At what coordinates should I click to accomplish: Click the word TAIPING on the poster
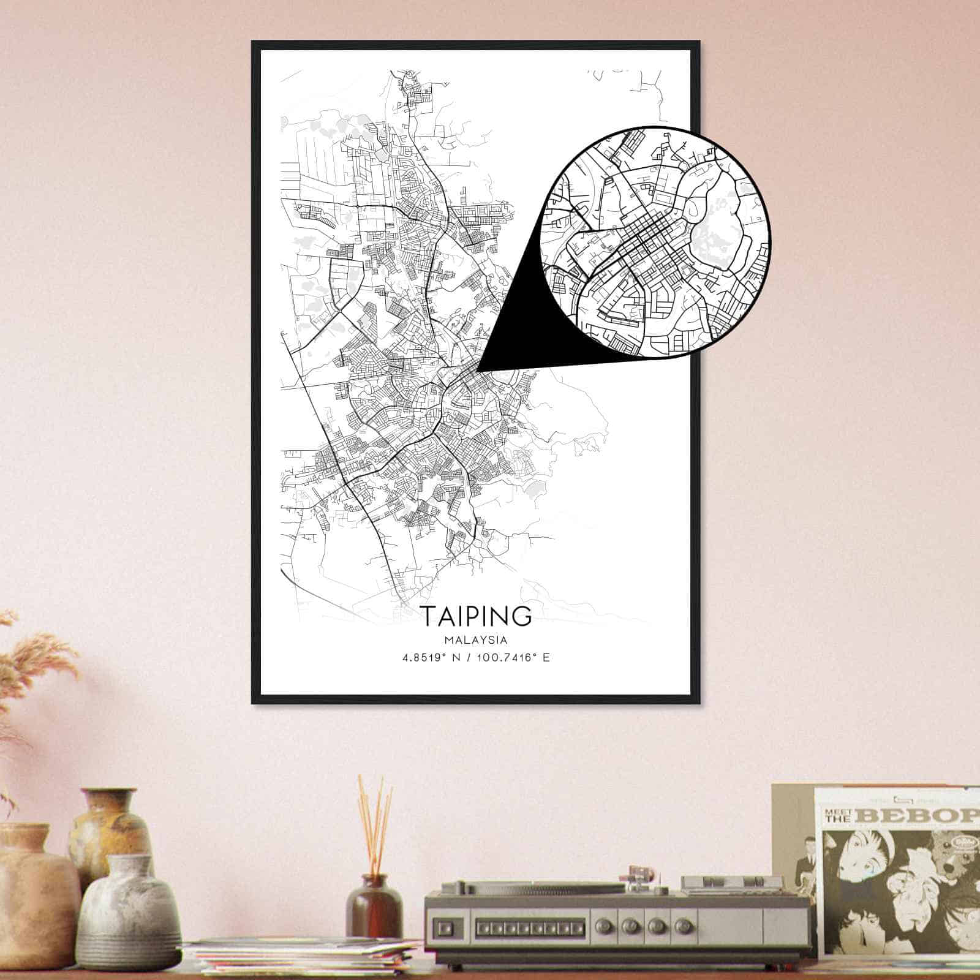point(475,616)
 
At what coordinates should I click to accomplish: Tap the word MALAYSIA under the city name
point(475,640)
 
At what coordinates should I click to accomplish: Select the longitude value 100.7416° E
point(513,658)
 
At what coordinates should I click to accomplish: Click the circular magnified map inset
point(655,241)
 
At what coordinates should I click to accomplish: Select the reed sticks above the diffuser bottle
point(375,821)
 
